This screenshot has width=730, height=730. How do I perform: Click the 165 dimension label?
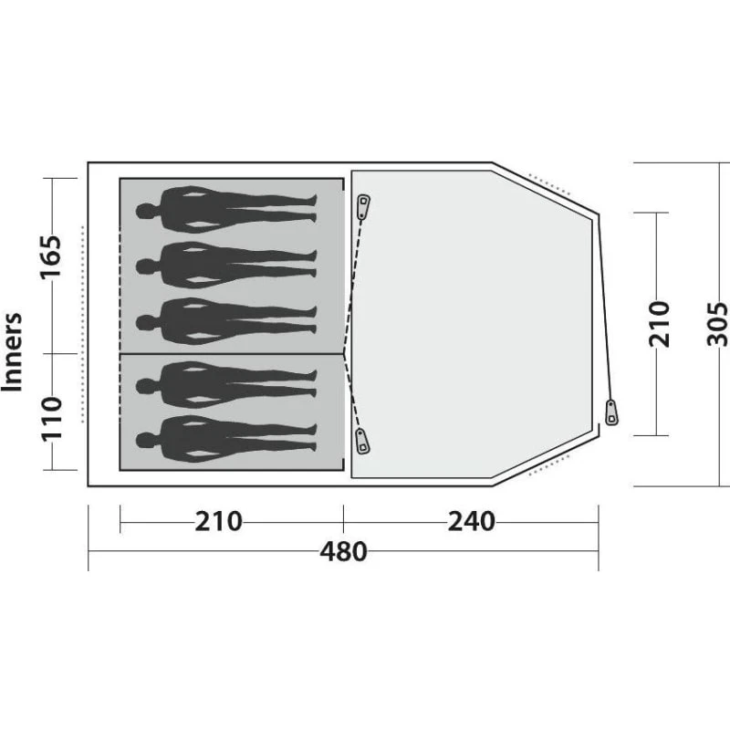(x=51, y=257)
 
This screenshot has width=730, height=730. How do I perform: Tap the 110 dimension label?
(x=52, y=419)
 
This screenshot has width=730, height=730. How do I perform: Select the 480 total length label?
(x=344, y=552)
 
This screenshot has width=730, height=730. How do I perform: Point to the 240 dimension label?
(x=471, y=521)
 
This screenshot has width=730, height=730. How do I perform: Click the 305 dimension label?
(x=717, y=324)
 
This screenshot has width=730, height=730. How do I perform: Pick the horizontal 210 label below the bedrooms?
(x=218, y=521)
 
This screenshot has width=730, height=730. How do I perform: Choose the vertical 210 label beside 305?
(x=659, y=324)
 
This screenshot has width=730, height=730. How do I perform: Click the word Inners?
(x=13, y=352)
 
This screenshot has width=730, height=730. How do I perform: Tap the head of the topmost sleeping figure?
(x=146, y=211)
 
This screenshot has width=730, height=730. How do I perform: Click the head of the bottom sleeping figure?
(x=146, y=440)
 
